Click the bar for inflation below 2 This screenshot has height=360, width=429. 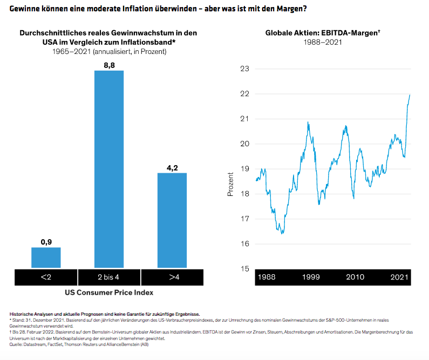coord(46,257)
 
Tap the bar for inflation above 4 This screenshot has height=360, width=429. coord(172,220)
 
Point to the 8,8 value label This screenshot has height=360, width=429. coord(109,65)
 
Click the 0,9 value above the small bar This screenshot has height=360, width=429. coord(46,242)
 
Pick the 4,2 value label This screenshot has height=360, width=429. coord(172,167)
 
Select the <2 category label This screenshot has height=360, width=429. coord(46,277)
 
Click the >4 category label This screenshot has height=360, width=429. coord(173,277)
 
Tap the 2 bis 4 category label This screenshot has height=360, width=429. coord(109,277)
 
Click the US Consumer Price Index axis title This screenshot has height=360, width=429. coord(109,293)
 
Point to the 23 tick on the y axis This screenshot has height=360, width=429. coord(245,69)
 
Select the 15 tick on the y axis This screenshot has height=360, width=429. coord(245,269)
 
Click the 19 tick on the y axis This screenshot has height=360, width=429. coord(245,169)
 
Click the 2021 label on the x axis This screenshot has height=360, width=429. coord(399,277)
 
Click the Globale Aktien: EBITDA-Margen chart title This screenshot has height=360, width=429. coord(322,33)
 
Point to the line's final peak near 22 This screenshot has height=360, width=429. coord(410,95)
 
